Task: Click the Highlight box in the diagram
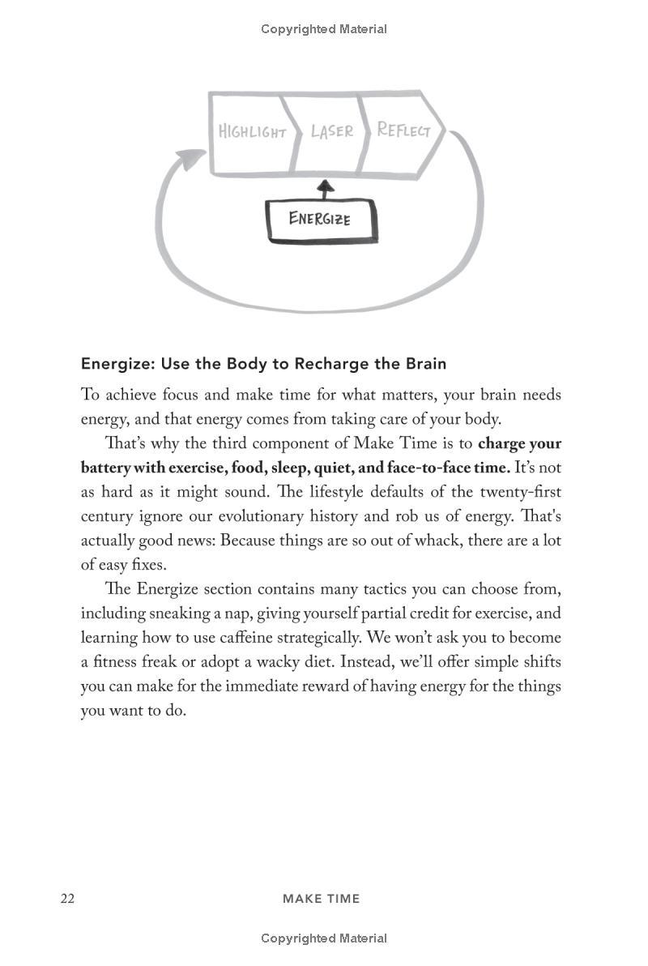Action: tap(252, 132)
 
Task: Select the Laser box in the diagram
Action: tap(331, 131)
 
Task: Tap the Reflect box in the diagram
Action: tap(403, 130)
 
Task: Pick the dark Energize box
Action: tap(321, 219)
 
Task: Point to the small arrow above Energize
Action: tap(325, 189)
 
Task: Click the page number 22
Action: tap(67, 898)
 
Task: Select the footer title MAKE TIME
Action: tap(321, 898)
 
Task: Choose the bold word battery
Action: tap(108, 468)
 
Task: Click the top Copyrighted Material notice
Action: tap(323, 29)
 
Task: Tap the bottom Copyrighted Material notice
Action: tap(323, 938)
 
